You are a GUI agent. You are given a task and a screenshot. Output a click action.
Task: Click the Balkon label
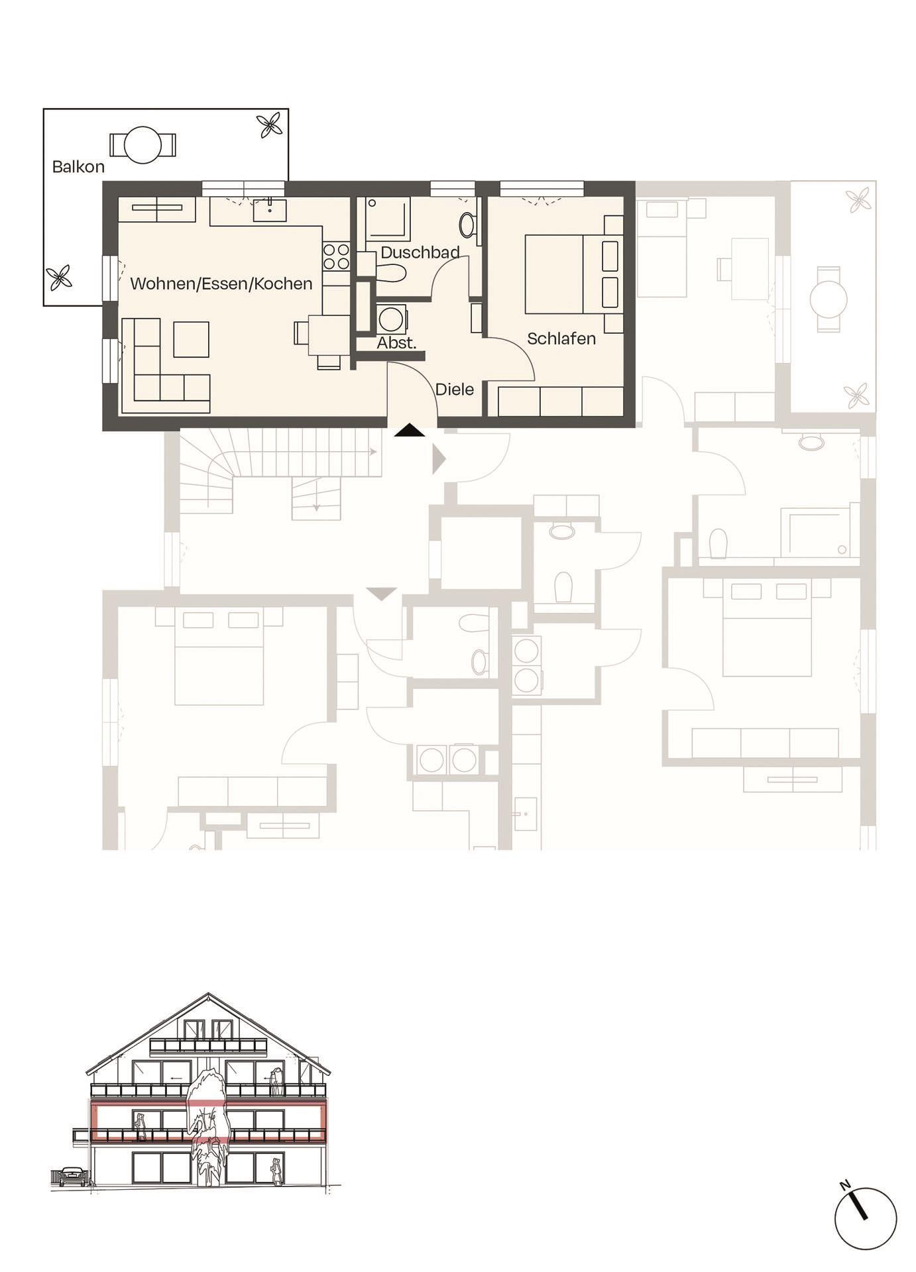(78, 167)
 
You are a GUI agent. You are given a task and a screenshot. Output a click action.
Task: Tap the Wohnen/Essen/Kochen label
(221, 284)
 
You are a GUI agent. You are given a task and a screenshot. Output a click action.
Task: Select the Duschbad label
(420, 252)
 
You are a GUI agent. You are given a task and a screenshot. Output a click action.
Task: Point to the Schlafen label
(561, 339)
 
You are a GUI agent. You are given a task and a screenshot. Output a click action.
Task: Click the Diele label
(454, 390)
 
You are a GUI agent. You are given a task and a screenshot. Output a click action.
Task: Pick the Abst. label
(396, 343)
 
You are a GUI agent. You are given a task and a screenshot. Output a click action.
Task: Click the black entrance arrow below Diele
(409, 431)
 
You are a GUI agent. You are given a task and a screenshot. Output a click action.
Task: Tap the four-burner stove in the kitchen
(336, 257)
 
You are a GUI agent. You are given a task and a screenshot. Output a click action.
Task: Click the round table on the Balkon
(143, 144)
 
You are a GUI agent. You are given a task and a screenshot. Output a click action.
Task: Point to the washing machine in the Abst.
(392, 319)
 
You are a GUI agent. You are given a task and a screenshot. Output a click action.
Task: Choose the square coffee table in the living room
(191, 339)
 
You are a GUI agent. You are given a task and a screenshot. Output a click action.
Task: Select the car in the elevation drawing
(72, 1176)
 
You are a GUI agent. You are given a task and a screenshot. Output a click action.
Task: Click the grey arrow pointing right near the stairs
(438, 459)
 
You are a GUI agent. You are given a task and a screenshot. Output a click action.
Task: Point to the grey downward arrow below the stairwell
(381, 594)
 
